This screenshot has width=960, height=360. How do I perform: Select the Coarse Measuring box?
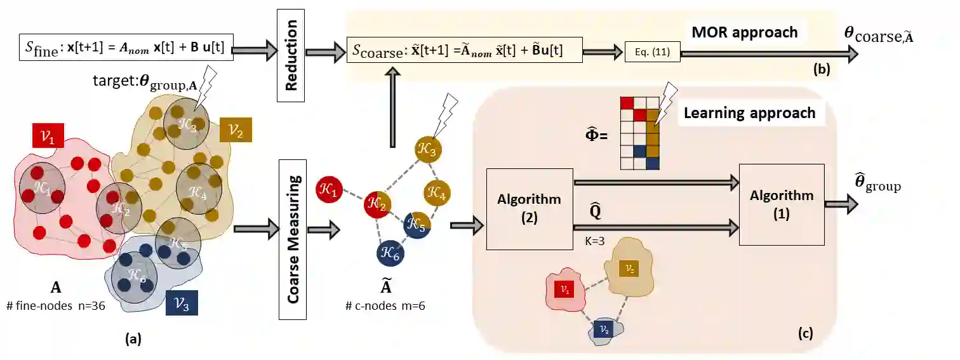tap(293, 239)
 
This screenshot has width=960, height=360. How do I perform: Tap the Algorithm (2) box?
tap(530, 208)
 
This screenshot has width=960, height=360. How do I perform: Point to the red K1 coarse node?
tap(330, 189)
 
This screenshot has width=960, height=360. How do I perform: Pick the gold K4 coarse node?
tap(437, 191)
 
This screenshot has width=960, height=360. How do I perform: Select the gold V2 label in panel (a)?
tap(236, 131)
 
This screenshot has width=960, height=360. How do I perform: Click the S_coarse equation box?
tap(464, 50)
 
